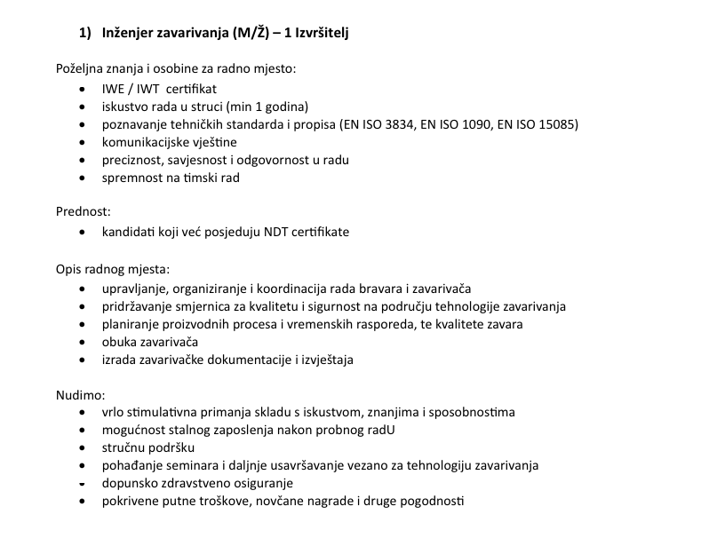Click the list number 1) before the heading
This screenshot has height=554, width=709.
[86, 33]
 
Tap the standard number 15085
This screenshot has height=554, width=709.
[558, 124]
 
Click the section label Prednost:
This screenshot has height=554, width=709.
[84, 213]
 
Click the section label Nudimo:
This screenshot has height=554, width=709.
[80, 394]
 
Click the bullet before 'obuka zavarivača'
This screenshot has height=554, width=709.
[83, 342]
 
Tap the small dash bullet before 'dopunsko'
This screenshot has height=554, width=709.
[83, 485]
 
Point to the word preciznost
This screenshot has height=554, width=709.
[132, 160]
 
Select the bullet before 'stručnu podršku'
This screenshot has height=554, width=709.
[83, 448]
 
